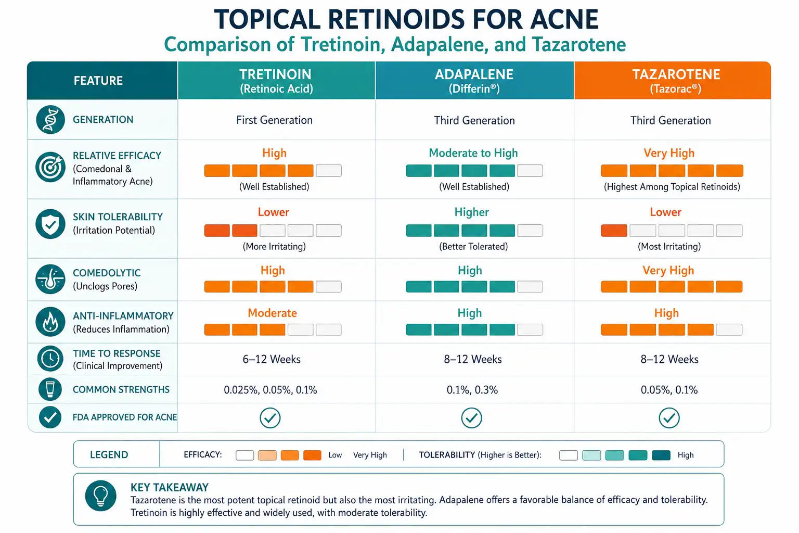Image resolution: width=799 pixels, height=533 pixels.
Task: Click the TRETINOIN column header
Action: pyautogui.click(x=276, y=81)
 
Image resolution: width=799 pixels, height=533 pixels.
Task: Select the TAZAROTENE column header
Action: pyautogui.click(x=673, y=81)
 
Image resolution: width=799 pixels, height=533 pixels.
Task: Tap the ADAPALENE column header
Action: pyautogui.click(x=474, y=81)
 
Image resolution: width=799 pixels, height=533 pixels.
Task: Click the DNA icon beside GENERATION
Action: pyautogui.click(x=50, y=120)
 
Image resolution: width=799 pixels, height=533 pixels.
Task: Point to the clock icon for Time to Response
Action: pyautogui.click(x=50, y=359)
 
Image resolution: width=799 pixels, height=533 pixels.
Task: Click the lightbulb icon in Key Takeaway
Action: pyautogui.click(x=100, y=496)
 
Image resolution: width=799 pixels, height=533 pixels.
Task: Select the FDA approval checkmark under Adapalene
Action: pyautogui.click(x=472, y=417)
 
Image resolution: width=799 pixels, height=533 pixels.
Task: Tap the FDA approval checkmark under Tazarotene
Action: pyautogui.click(x=669, y=417)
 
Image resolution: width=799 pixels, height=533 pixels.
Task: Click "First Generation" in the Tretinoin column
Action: pyautogui.click(x=274, y=120)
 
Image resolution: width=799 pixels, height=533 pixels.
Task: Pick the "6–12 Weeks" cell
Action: pyautogui.click(x=272, y=359)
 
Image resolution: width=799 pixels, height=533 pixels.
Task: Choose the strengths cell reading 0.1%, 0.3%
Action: pyautogui.click(x=472, y=390)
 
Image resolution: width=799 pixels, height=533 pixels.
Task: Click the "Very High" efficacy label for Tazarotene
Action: pyautogui.click(x=669, y=153)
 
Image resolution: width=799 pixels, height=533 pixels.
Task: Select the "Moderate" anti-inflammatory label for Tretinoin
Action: pyautogui.click(x=272, y=313)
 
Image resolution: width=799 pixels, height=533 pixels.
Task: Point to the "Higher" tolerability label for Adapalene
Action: pyautogui.click(x=472, y=212)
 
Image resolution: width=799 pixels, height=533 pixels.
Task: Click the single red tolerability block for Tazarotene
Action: pyautogui.click(x=614, y=231)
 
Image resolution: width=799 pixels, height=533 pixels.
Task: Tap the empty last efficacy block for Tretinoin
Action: pyautogui.click(x=329, y=171)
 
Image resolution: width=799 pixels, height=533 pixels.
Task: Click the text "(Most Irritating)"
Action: pyautogui.click(x=669, y=246)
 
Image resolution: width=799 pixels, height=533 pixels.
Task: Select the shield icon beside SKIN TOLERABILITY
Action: pyautogui.click(x=50, y=224)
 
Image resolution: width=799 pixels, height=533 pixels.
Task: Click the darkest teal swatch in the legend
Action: pyautogui.click(x=661, y=455)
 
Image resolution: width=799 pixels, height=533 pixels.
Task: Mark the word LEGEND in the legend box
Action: pyautogui.click(x=109, y=455)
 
